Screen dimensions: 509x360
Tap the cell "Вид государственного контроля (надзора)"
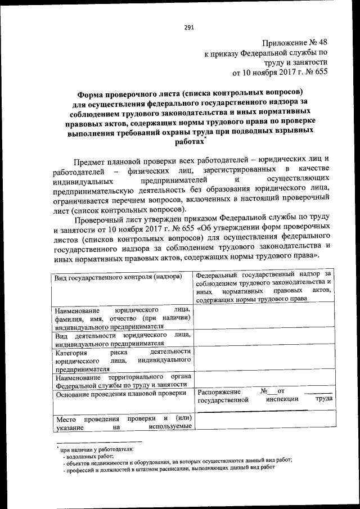click(x=118, y=277)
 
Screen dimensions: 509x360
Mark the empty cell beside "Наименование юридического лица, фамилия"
click(x=264, y=317)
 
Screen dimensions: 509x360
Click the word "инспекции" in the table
click(x=282, y=400)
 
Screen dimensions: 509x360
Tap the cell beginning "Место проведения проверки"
click(x=123, y=423)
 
